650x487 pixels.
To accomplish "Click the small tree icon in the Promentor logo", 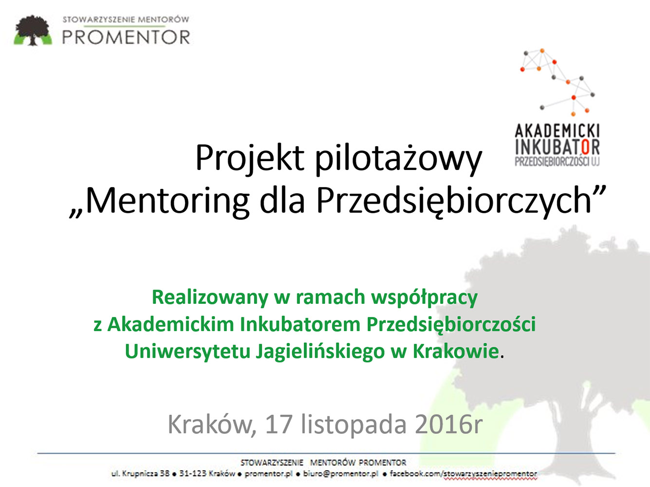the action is point(33,30).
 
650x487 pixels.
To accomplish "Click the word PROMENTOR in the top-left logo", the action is point(126,37).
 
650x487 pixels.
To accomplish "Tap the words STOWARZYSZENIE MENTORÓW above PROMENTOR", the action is point(126,19).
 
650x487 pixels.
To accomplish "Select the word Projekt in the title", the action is point(250,158).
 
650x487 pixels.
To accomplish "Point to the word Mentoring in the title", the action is point(167,201).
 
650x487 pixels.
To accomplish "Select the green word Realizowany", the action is point(210,298).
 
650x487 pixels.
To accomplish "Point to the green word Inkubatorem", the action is point(300,324).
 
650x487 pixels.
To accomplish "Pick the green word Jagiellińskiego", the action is point(320,352).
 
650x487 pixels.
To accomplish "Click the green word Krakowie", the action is point(456,351).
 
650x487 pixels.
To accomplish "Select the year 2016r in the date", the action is point(448,425).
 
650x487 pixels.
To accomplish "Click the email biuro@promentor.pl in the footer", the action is point(340,474).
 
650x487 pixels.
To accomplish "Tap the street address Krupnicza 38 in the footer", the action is point(146,473).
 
